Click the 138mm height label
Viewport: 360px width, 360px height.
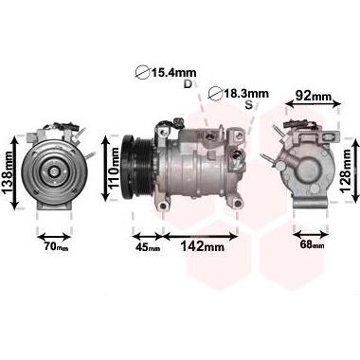pos(8,172)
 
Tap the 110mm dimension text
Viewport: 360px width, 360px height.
pos(114,168)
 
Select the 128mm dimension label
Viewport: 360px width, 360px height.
pos(345,171)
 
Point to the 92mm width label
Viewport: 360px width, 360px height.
pos(313,96)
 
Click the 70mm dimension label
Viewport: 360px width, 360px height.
pos(56,246)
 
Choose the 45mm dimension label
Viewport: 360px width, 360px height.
pos(148,247)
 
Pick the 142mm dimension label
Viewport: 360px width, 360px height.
pos(202,246)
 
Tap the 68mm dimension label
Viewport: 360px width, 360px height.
pos(312,244)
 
